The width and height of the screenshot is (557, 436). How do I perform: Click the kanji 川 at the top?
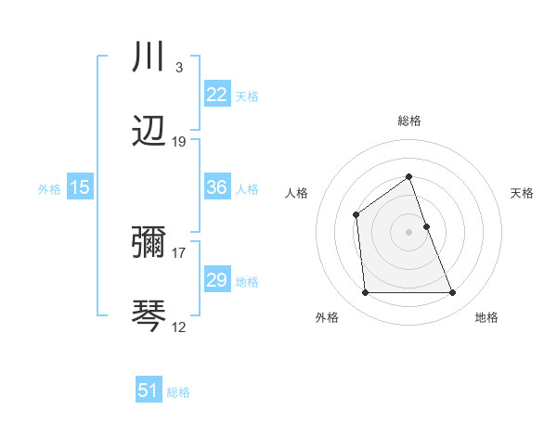point(149,58)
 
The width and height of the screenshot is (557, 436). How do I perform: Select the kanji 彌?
point(149,244)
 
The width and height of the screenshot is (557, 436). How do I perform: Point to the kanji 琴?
point(149,315)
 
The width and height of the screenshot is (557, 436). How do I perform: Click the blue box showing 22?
point(216,95)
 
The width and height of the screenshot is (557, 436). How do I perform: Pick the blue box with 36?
point(216,187)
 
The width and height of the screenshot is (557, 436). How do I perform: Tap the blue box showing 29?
point(216,280)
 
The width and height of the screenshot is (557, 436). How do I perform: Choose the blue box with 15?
point(80,187)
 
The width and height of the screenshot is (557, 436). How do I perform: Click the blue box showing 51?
point(149,391)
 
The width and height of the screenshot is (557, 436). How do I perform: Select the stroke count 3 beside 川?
point(178,68)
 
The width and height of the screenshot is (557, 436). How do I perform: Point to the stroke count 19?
point(179,141)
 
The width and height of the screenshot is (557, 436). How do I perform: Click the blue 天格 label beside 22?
point(247,96)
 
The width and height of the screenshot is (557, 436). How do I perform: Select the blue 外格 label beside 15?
point(49,188)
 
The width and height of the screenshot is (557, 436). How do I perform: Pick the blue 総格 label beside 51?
point(178,391)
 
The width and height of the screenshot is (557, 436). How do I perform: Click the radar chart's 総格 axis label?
point(408,121)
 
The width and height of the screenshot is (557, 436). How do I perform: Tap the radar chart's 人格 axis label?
point(297,193)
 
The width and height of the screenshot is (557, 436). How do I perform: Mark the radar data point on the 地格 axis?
point(452,293)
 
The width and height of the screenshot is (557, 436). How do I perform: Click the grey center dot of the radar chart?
point(408,232)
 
